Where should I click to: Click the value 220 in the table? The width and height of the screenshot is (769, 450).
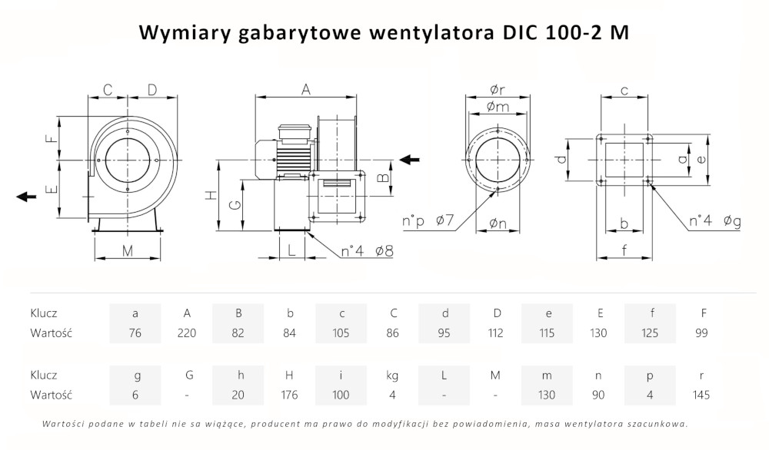tap(187, 333)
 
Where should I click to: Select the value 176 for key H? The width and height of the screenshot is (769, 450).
tap(290, 395)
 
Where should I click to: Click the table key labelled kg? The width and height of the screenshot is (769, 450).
tap(392, 376)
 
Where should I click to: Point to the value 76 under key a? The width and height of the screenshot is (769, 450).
tap(135, 333)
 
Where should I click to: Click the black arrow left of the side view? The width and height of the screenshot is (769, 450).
tap(26, 197)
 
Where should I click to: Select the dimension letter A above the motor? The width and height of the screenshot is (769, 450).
tap(305, 90)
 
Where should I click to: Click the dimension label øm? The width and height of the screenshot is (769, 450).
tap(498, 107)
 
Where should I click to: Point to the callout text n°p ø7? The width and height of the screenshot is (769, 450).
tap(428, 222)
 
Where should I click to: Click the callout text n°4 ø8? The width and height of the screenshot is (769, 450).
tap(368, 251)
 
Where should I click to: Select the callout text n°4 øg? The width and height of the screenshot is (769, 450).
tap(714, 222)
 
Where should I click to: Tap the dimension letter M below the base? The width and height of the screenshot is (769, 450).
tap(128, 251)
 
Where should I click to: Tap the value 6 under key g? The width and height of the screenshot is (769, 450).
tap(135, 395)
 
